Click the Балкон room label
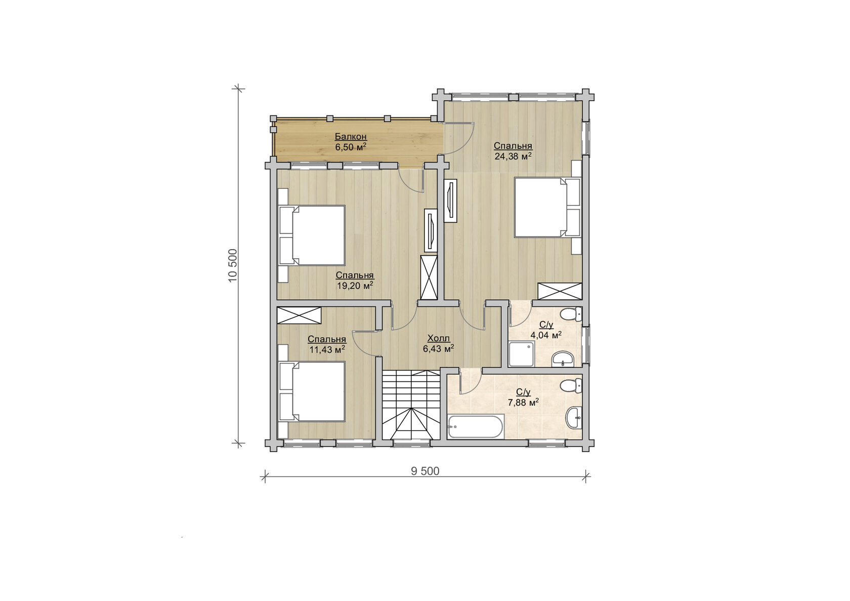click(x=351, y=136)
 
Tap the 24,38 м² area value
click(x=513, y=156)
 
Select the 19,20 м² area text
click(x=355, y=285)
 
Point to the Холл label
click(x=438, y=338)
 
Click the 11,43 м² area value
click(x=327, y=349)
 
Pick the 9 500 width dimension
click(x=425, y=471)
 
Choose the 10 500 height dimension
click(x=233, y=265)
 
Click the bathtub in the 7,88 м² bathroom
click(x=476, y=427)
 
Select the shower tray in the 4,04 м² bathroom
click(x=521, y=354)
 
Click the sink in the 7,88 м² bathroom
click(x=573, y=418)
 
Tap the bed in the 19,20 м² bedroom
click(x=312, y=235)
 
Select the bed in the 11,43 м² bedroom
click(x=312, y=391)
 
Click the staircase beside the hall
click(x=411, y=405)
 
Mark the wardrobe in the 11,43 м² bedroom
click(x=299, y=315)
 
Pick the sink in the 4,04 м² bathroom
click(x=563, y=359)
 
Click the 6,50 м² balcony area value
click(x=351, y=147)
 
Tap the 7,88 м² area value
click(x=523, y=403)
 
